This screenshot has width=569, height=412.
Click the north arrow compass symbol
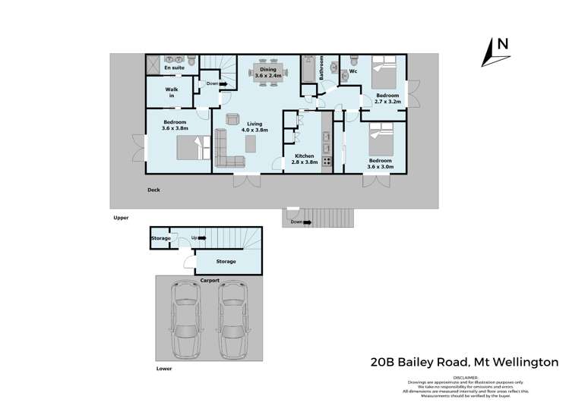point(498,50)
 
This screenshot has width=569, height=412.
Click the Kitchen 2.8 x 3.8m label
point(304,159)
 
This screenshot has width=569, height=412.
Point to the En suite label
point(174,68)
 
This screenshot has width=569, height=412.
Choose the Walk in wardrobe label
point(172,93)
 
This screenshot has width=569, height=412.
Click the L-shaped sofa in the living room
point(226,147)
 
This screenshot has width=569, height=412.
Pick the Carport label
point(210,280)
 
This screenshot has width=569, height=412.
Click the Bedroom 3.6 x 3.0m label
point(380,164)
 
